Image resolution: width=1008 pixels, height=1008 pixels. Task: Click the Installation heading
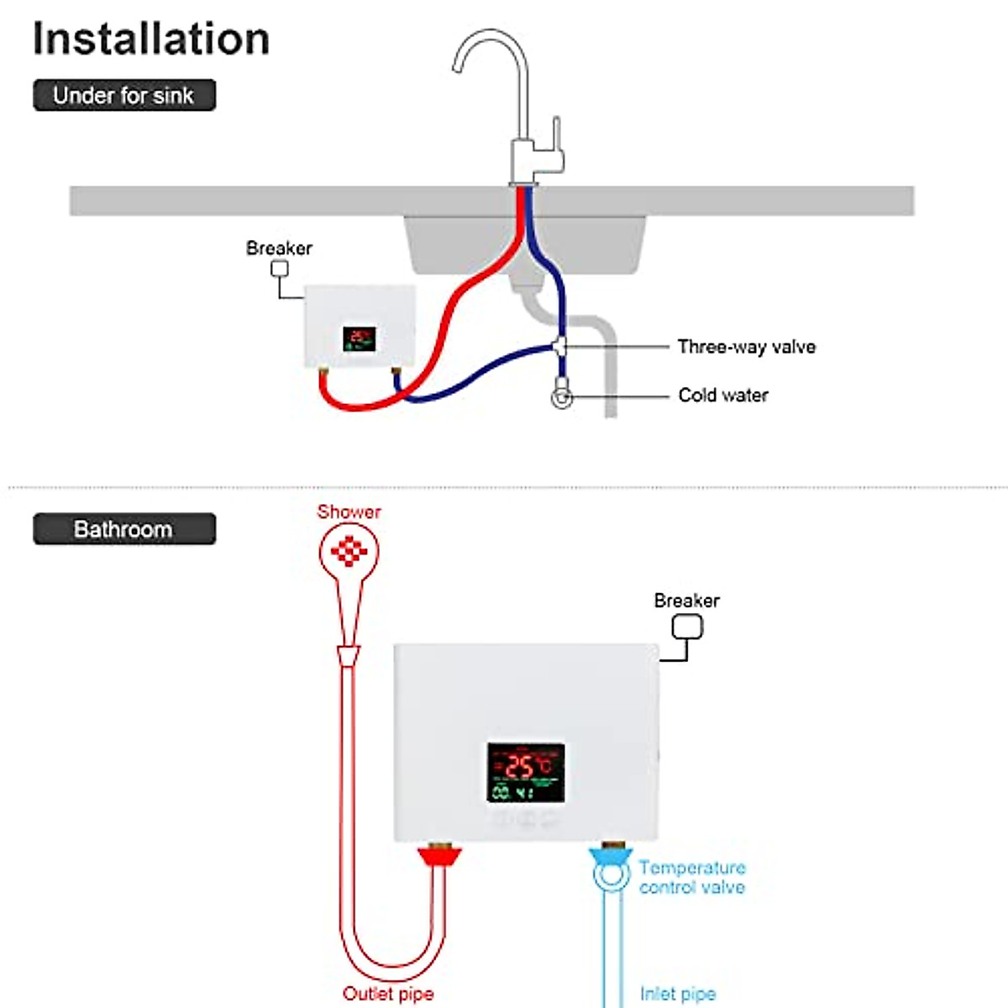coord(151,39)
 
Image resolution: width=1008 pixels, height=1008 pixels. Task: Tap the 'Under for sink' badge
coord(124,95)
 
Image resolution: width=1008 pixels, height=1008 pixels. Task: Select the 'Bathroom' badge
coord(124,529)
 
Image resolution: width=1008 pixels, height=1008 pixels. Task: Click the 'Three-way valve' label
coord(746,347)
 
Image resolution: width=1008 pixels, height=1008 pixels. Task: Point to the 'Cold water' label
coord(722,395)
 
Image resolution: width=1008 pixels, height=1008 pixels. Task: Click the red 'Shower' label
coord(349,512)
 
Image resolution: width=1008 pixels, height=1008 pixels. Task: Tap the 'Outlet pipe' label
coord(388,994)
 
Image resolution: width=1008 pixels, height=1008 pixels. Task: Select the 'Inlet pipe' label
coord(677,994)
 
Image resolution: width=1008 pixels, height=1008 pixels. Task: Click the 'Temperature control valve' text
coord(691,877)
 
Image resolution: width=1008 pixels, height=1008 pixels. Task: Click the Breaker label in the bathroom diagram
coord(686,601)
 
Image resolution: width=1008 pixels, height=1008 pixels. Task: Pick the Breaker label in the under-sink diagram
coord(279,248)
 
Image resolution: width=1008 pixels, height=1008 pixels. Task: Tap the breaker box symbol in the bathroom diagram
coord(687,627)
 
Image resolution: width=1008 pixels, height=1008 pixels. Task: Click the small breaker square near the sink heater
coord(279,269)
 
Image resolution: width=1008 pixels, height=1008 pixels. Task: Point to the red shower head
coord(349,552)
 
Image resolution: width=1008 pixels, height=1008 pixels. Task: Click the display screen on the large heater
coord(526,772)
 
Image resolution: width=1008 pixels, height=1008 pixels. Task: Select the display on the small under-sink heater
coord(359,339)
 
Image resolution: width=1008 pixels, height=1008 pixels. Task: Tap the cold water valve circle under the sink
coord(562,397)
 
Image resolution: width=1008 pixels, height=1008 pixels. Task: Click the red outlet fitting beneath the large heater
coord(439,858)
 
